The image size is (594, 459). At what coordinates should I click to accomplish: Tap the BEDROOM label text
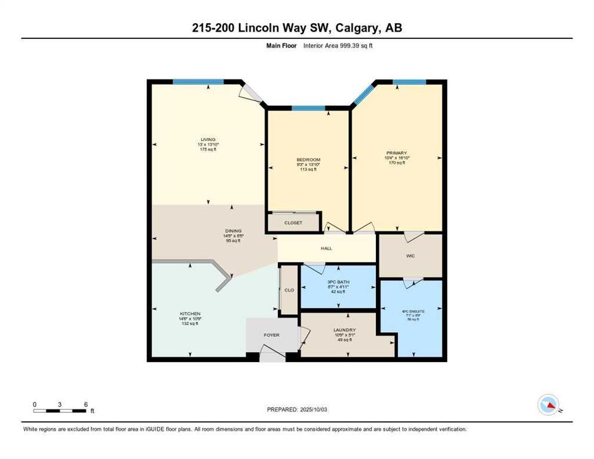pyautogui.click(x=308, y=160)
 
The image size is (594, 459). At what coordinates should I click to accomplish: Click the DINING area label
pyautogui.click(x=232, y=231)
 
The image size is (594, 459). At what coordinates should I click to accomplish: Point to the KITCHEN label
pyautogui.click(x=190, y=314)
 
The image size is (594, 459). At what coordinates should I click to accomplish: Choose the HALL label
pyautogui.click(x=326, y=248)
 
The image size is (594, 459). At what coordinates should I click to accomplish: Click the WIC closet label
pyautogui.click(x=410, y=256)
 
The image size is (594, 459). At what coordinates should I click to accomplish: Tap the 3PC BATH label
pyautogui.click(x=338, y=281)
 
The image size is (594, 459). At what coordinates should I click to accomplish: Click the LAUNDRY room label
pyautogui.click(x=345, y=330)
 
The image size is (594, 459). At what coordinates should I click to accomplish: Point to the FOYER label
pyautogui.click(x=271, y=335)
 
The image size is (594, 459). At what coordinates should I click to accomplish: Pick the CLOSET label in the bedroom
pyautogui.click(x=293, y=223)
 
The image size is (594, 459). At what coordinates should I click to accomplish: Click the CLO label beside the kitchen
pyautogui.click(x=289, y=290)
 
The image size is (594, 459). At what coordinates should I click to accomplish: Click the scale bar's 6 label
pyautogui.click(x=86, y=404)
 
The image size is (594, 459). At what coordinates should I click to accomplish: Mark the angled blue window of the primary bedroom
pyautogui.click(x=363, y=94)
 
